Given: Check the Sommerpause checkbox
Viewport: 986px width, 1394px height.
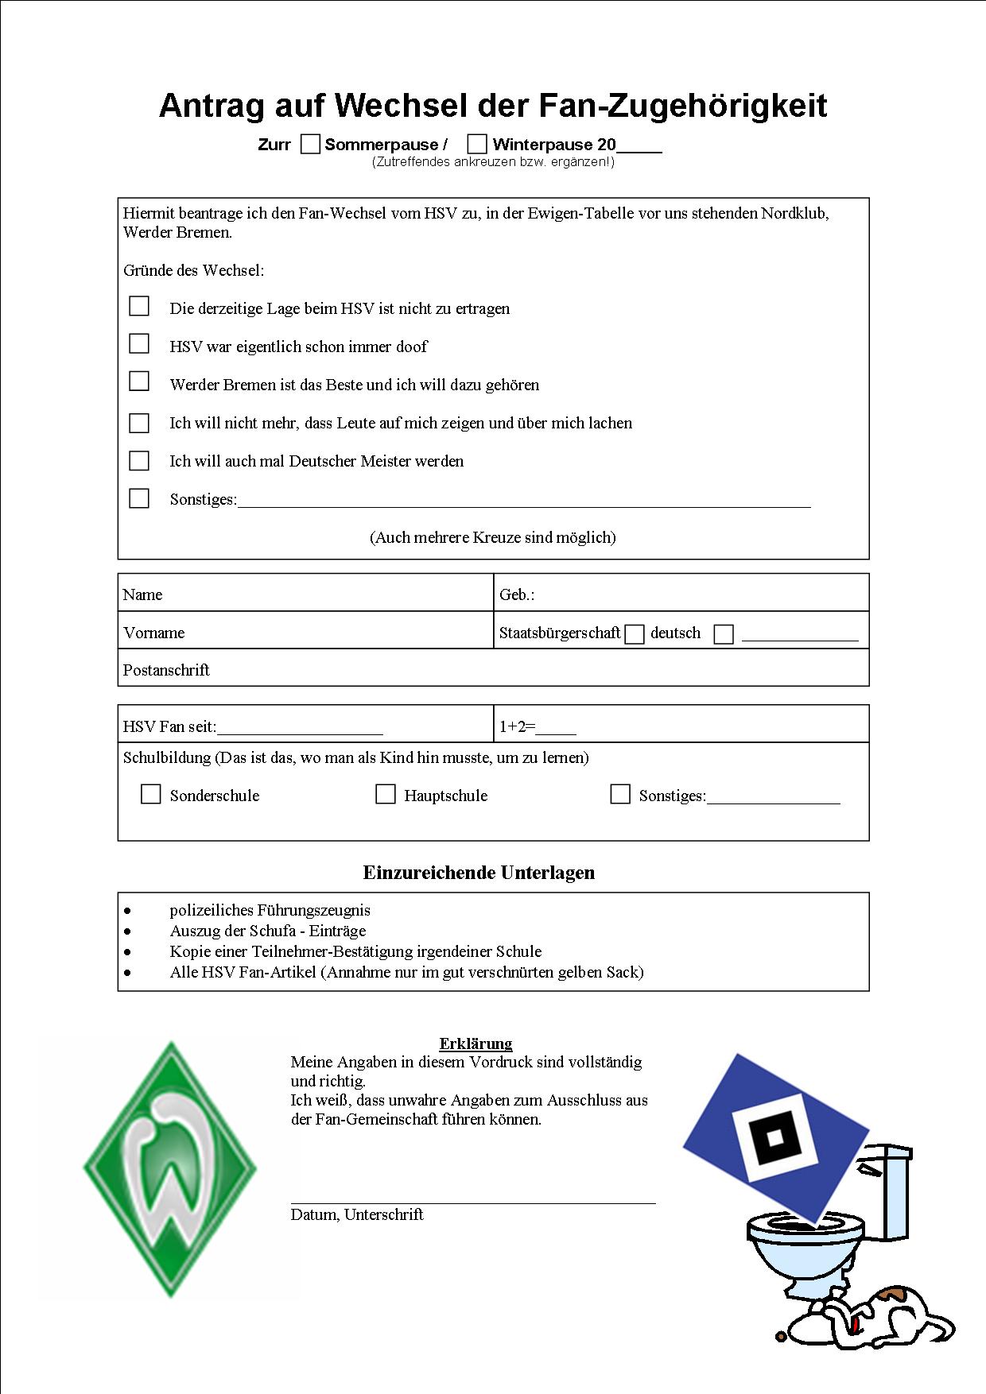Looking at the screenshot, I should [x=310, y=144].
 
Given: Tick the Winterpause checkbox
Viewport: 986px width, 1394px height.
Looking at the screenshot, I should [x=477, y=144].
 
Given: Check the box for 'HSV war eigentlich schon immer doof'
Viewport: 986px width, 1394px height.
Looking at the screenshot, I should [x=139, y=343].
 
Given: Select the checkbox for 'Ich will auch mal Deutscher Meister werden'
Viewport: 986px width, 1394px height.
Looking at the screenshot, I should [x=139, y=461].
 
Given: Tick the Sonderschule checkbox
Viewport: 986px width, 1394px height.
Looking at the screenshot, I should [x=150, y=794].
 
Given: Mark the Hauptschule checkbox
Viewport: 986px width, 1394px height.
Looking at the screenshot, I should [x=385, y=794].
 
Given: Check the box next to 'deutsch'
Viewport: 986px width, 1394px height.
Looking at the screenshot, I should [x=635, y=634].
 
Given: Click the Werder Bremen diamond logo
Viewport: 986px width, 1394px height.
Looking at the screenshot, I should [x=170, y=1169].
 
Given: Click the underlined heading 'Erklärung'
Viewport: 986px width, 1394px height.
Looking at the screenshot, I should [x=476, y=1044].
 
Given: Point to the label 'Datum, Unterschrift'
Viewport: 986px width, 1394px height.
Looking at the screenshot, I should [x=357, y=1214].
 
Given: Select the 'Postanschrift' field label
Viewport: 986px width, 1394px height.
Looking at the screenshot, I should [x=166, y=670].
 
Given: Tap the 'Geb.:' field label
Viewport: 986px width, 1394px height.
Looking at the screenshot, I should [x=517, y=594].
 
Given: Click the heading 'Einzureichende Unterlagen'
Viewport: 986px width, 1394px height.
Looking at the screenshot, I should [x=479, y=873].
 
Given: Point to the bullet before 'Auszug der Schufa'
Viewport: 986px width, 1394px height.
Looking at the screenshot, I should [x=128, y=931].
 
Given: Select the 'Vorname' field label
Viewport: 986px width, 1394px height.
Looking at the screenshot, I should [x=154, y=633].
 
